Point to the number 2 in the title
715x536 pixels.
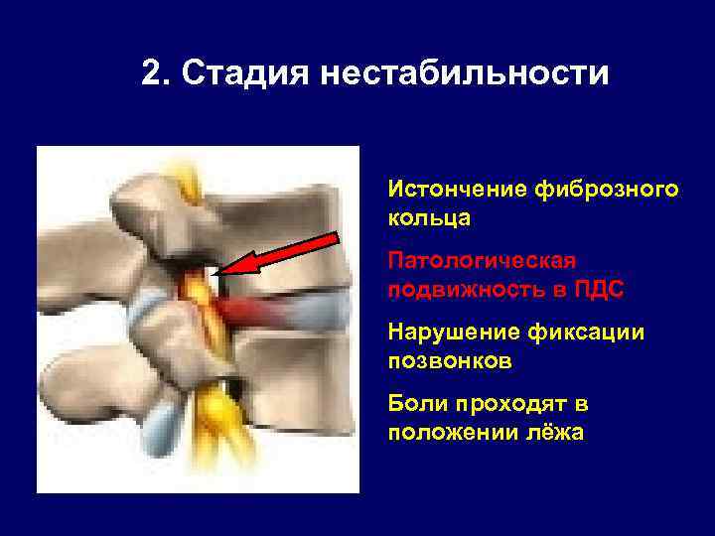pyautogui.click(x=153, y=73)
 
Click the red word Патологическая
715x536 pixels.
pyautogui.click(x=482, y=261)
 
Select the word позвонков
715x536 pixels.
pyautogui.click(x=450, y=360)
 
